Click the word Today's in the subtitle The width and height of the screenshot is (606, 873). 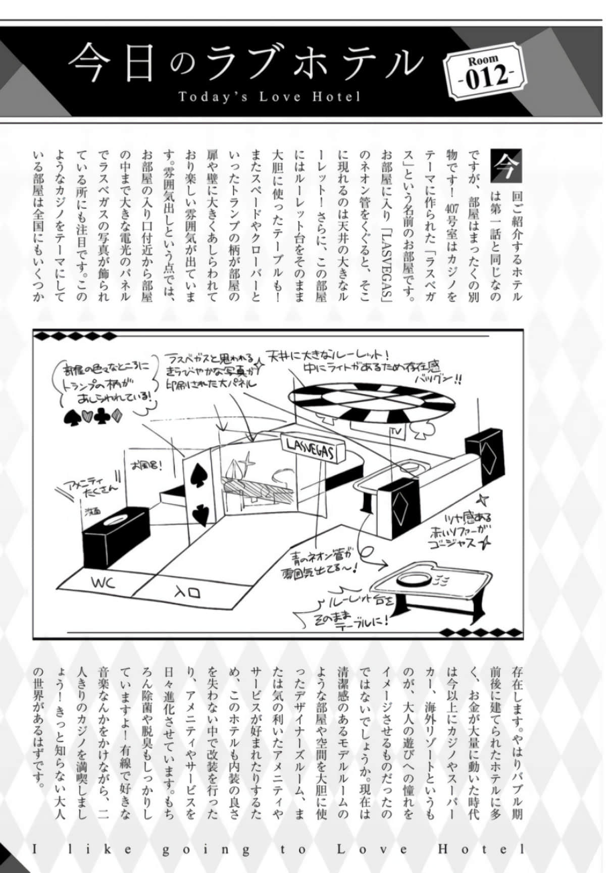pyautogui.click(x=213, y=96)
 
